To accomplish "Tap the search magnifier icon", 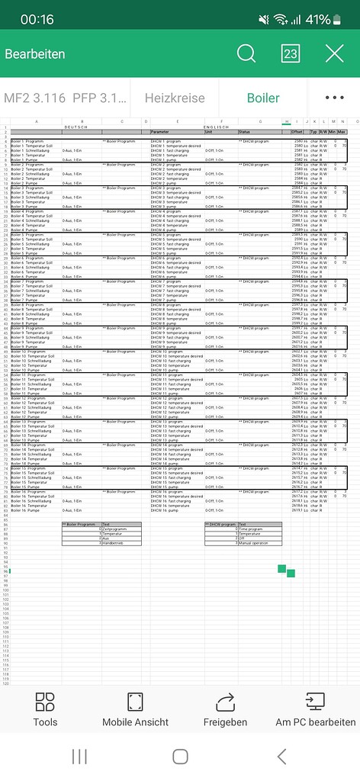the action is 246,53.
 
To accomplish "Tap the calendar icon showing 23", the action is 291,53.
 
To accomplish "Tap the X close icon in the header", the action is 334,53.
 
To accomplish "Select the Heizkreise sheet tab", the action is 175,98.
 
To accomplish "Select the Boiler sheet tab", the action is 262,98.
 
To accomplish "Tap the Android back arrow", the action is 281,756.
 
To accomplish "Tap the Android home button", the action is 180,756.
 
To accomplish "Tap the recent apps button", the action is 79,756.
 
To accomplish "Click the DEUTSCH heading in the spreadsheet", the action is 75,127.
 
